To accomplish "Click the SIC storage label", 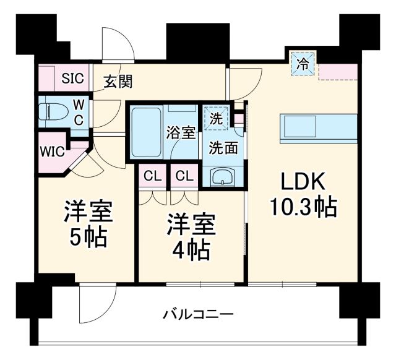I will [72, 79].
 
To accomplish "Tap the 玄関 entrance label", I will [117, 81].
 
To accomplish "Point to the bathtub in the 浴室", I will [146, 132].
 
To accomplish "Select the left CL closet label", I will [152, 176].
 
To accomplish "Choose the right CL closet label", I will [184, 176].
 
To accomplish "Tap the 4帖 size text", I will [191, 251].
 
